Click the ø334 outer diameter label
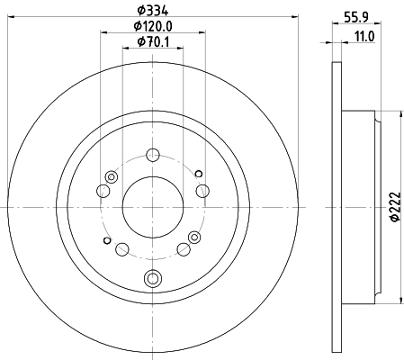[x=153, y=11]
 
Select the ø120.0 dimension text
[x=153, y=26]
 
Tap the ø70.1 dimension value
[x=153, y=42]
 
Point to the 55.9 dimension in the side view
[x=356, y=17]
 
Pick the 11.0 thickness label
[x=364, y=37]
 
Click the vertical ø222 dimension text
[x=396, y=207]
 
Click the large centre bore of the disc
[x=153, y=207]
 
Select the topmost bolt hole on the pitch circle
[x=153, y=155]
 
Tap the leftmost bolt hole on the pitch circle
[x=103, y=191]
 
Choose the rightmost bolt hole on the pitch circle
[x=202, y=191]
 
